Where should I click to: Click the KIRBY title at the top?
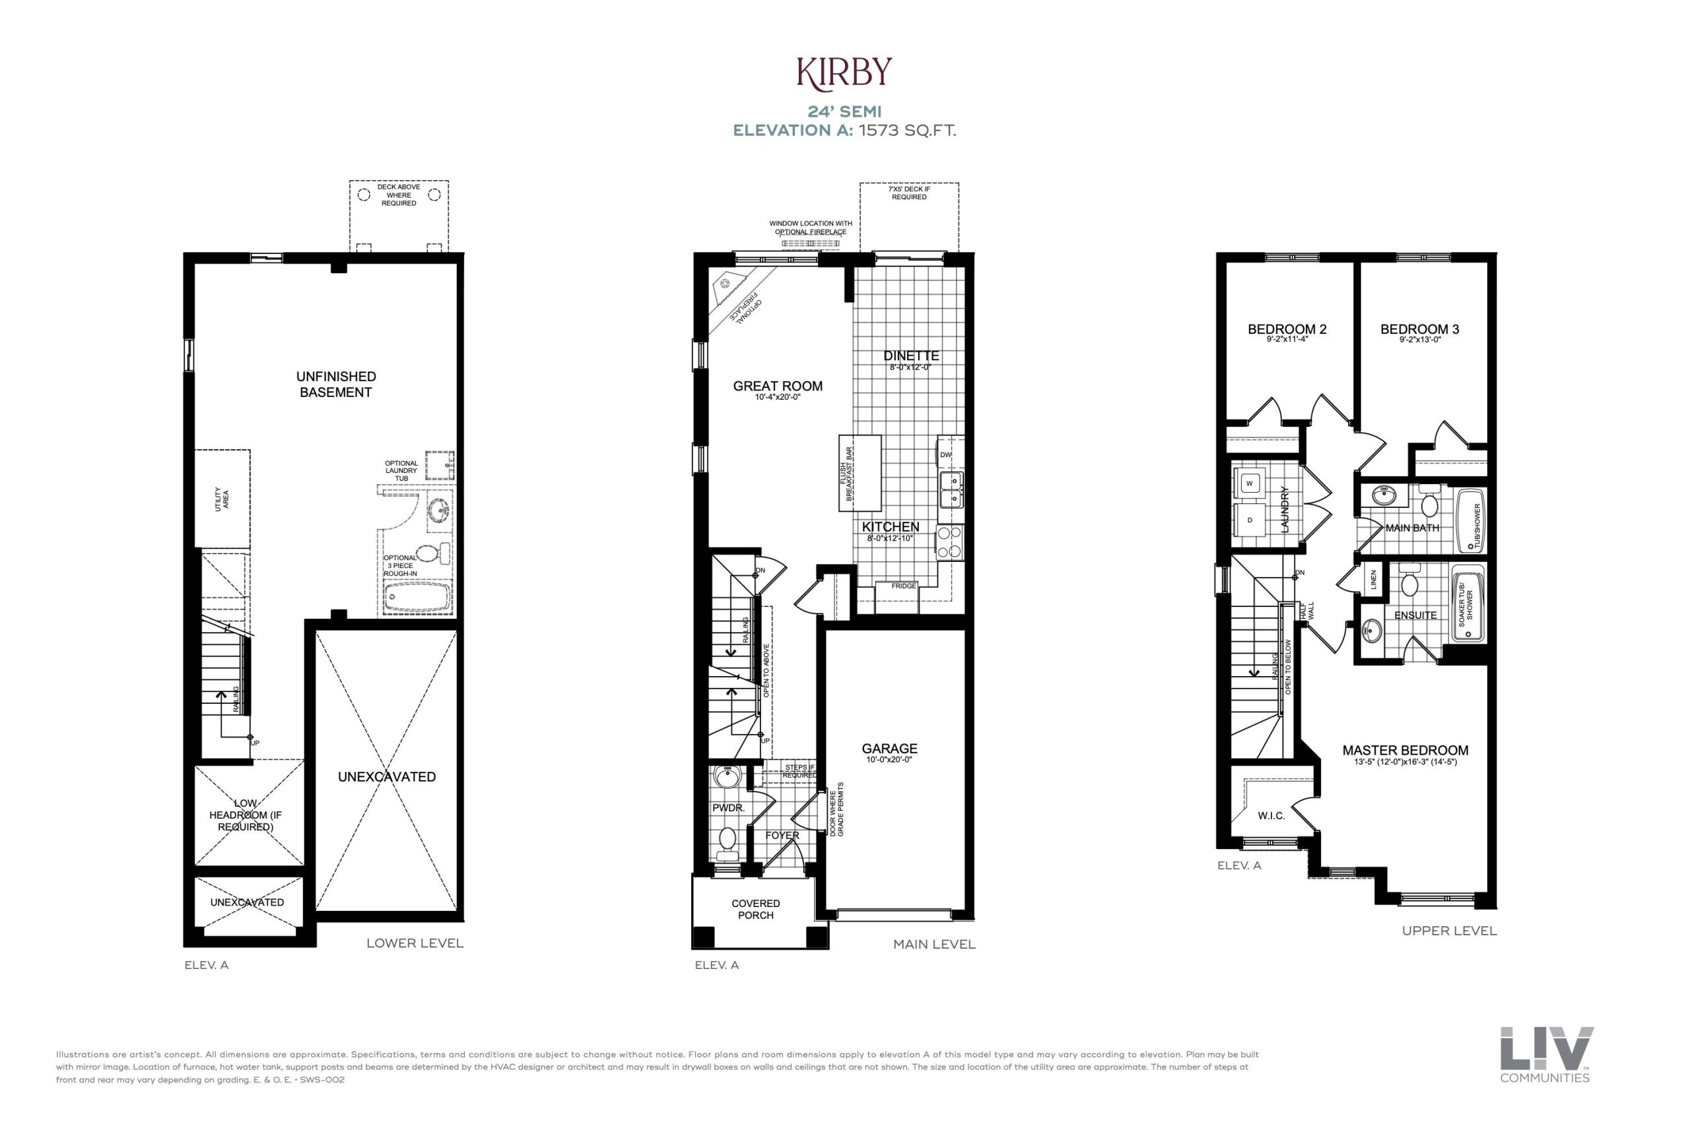[844, 71]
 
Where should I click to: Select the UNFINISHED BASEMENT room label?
[335, 384]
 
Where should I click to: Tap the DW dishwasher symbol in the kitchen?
[946, 454]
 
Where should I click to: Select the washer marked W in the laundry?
[1250, 484]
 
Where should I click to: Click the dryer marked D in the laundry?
[1250, 520]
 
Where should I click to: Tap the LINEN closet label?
[1373, 579]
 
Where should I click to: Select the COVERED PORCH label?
[755, 909]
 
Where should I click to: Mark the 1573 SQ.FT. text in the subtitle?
[908, 131]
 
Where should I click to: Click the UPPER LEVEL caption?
[1449, 931]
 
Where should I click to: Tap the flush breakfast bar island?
[860, 472]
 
